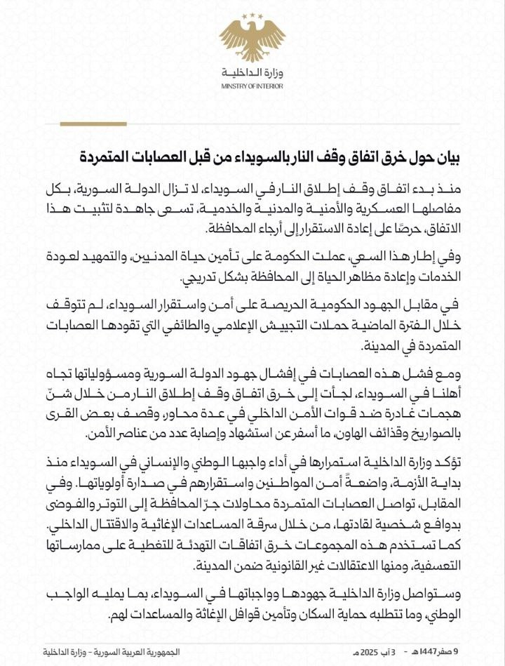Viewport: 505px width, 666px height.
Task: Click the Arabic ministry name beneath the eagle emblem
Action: [x=252, y=74]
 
